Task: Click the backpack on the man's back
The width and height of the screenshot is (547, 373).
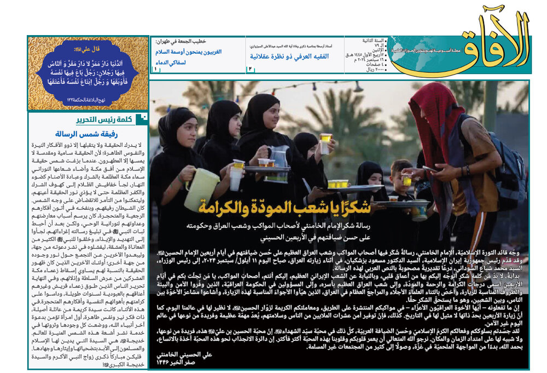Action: click(506, 170)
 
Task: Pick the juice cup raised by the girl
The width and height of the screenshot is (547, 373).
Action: click(325, 140)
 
